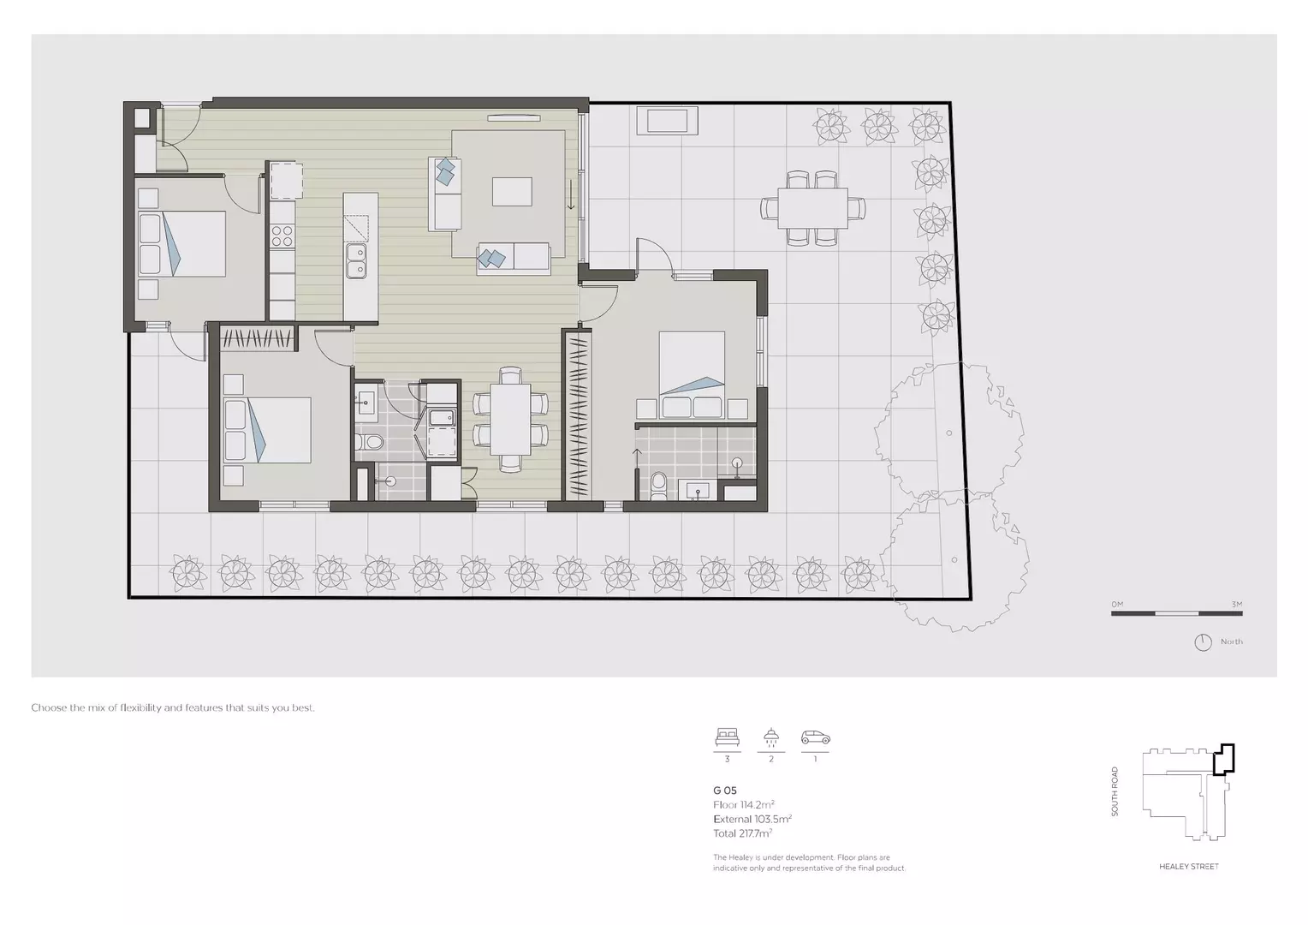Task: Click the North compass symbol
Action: (x=1203, y=642)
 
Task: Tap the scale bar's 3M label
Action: (x=1236, y=605)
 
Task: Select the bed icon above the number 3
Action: (x=727, y=737)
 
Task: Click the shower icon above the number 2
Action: (x=771, y=737)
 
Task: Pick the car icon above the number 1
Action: (x=815, y=737)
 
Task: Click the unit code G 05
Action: (x=724, y=791)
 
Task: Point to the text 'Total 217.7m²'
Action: (x=742, y=833)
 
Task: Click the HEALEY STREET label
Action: (x=1188, y=867)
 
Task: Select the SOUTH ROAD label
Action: (x=1115, y=791)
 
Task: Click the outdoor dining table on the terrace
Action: (x=812, y=208)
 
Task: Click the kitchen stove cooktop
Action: (x=282, y=236)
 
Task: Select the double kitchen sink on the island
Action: (x=356, y=261)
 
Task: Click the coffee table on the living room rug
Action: (x=512, y=191)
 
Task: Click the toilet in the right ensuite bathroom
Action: (x=658, y=483)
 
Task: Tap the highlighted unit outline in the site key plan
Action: (x=1225, y=759)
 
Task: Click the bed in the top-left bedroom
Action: (x=181, y=243)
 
